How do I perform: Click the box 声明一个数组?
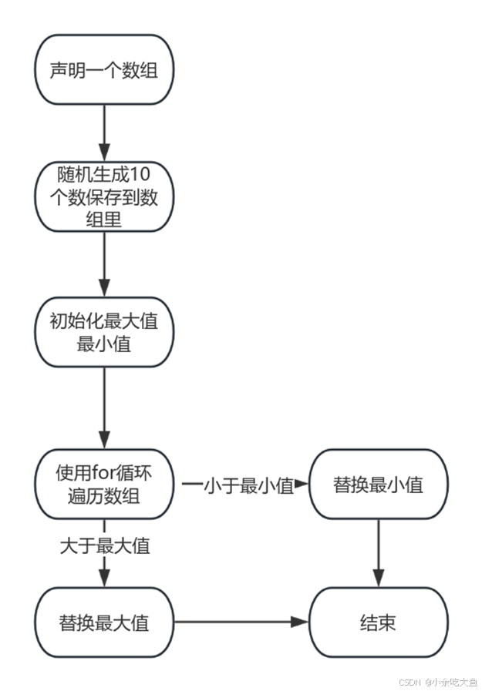105,70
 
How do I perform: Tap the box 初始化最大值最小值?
105,332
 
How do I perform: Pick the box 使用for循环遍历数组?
105,483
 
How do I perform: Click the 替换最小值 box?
378,485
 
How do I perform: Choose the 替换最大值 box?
105,622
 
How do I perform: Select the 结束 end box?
378,622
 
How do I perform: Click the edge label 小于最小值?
249,485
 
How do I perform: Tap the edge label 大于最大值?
105,547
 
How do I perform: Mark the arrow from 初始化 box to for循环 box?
105,408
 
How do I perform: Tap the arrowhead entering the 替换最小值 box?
302,485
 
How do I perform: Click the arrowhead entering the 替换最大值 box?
105,580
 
